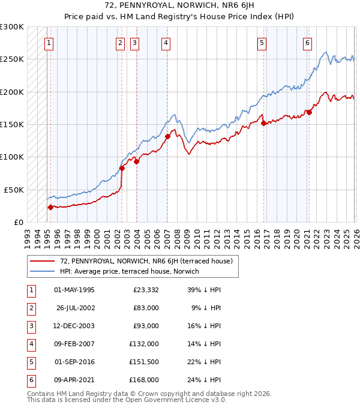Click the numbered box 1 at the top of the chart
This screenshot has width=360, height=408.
(x=48, y=43)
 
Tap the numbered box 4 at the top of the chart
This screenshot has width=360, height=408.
(x=165, y=43)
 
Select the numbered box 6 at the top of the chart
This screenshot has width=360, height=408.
(x=307, y=43)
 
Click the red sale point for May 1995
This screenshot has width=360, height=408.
(x=50, y=207)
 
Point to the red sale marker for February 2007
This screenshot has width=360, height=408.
(x=167, y=136)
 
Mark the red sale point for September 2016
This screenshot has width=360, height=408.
(x=263, y=124)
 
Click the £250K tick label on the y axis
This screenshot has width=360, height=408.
(x=12, y=59)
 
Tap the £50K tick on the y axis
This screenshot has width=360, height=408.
(x=14, y=189)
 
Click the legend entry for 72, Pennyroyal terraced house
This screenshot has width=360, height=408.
(x=142, y=260)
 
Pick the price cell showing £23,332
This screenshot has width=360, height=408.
(x=146, y=290)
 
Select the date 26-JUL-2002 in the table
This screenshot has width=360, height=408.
(x=74, y=308)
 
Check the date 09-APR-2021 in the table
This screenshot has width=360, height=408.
(x=74, y=380)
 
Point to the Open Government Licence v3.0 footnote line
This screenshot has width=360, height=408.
(x=127, y=400)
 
